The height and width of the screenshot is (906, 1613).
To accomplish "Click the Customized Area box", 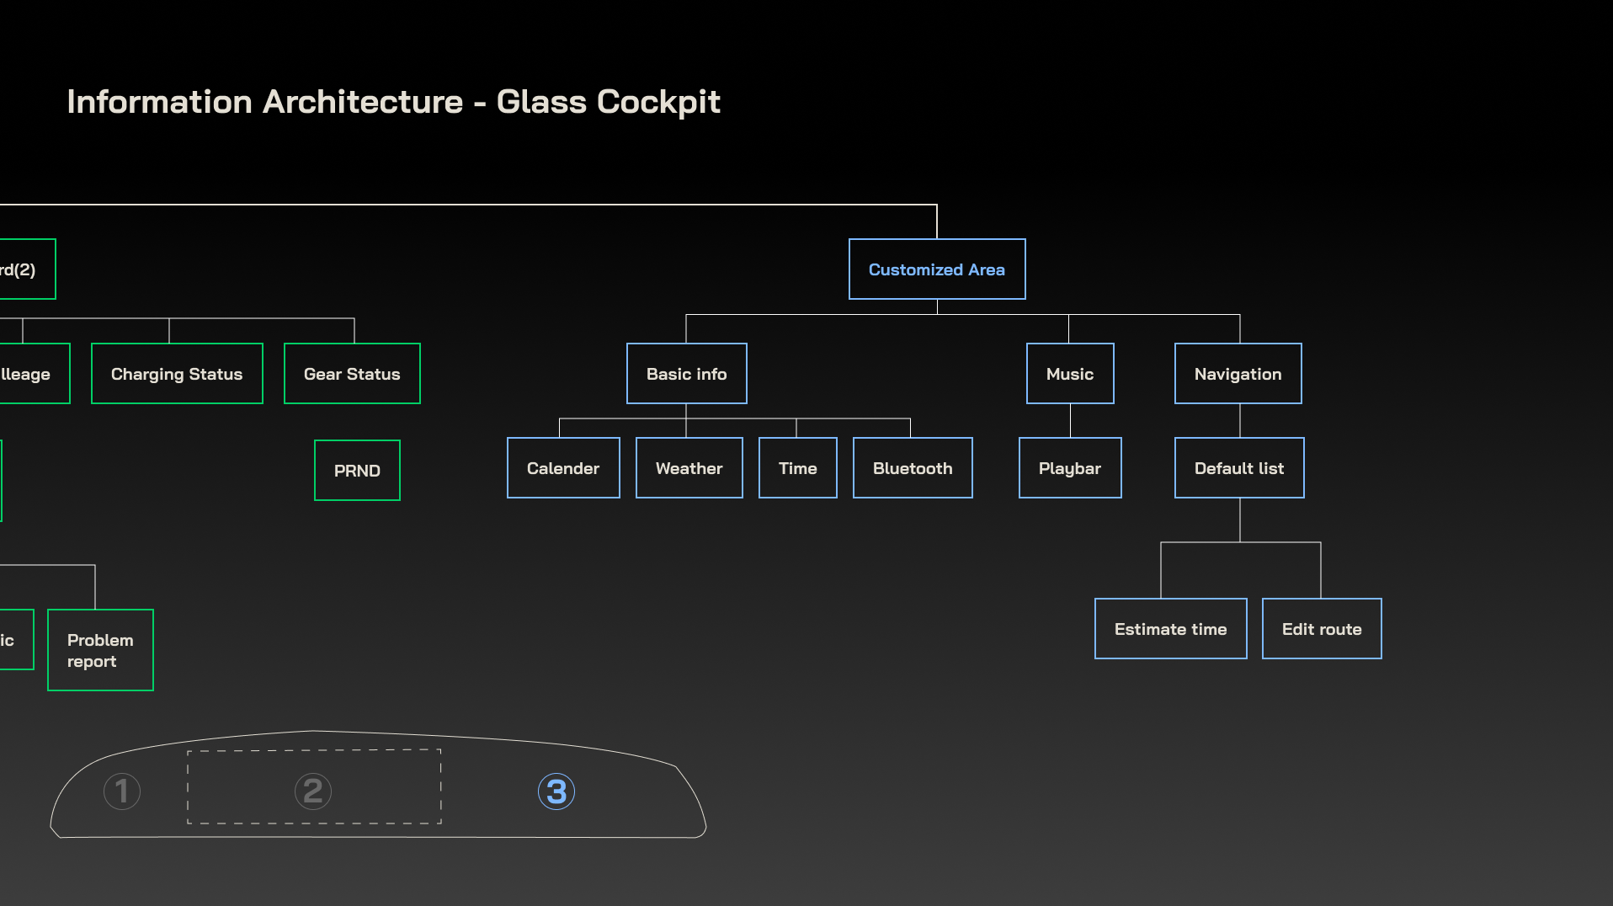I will point(937,269).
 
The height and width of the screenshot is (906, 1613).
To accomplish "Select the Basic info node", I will point(686,374).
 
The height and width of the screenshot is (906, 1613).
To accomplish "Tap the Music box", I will point(1070,374).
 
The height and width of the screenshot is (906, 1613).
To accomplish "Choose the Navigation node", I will point(1238,374).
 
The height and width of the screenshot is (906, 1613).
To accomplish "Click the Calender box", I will point(563,468).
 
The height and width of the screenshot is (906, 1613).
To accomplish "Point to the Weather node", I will point(689,468).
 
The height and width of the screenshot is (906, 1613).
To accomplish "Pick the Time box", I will point(797,468).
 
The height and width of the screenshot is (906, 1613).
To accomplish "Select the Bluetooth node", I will point(913,468).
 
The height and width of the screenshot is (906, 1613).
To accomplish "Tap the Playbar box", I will point(1070,468).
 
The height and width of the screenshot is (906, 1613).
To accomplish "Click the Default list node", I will point(1239,468).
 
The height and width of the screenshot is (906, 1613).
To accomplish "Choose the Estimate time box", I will point(1170,629).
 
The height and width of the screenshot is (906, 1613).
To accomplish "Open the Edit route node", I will point(1322,629).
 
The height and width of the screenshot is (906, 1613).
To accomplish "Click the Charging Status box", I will point(177,374).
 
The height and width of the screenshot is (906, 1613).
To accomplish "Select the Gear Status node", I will point(352,374).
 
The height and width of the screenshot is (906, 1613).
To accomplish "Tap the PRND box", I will point(357,471).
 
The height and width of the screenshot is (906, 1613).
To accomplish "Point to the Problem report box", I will point(100,650).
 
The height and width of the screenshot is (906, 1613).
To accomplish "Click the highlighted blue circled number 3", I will point(556,791).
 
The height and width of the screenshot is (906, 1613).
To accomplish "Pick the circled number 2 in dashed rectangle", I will point(313,791).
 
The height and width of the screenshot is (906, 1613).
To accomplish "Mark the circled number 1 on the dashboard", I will point(122,791).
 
